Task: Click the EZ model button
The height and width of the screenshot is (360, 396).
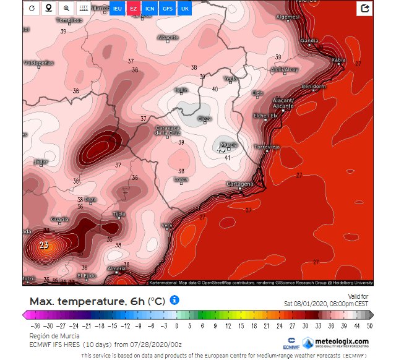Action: coord(133,9)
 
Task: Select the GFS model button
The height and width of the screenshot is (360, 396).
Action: coord(167,9)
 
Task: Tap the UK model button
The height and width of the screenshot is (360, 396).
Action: coord(184,9)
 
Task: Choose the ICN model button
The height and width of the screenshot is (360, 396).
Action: coord(150,9)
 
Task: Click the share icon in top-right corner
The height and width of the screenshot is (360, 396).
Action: coord(365,9)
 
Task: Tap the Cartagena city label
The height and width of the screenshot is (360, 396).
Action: coord(240,184)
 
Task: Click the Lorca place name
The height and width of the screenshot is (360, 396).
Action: coord(181,179)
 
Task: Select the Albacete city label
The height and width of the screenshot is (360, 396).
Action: coord(168,38)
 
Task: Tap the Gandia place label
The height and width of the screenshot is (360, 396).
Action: coord(309,41)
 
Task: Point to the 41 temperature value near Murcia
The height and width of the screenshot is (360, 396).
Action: coord(227,158)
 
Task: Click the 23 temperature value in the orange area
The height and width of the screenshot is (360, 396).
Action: coord(44,245)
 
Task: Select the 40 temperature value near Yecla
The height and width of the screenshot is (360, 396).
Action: coord(215,89)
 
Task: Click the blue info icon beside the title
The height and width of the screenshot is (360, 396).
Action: coord(174,300)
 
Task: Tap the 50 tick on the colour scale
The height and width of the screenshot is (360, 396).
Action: coord(369,325)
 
